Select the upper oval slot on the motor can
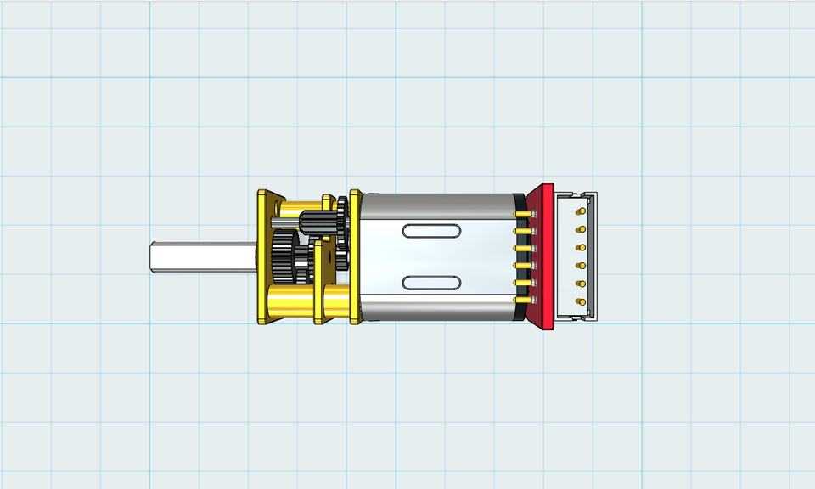tap(433, 231)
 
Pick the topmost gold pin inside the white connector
tap(581, 211)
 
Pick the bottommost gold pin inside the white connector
tap(581, 301)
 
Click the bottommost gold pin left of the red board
tap(521, 301)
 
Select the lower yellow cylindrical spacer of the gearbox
tap(293, 301)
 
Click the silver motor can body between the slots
tap(433, 256)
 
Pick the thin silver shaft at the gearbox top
tap(284, 223)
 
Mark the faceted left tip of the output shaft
tap(153, 257)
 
